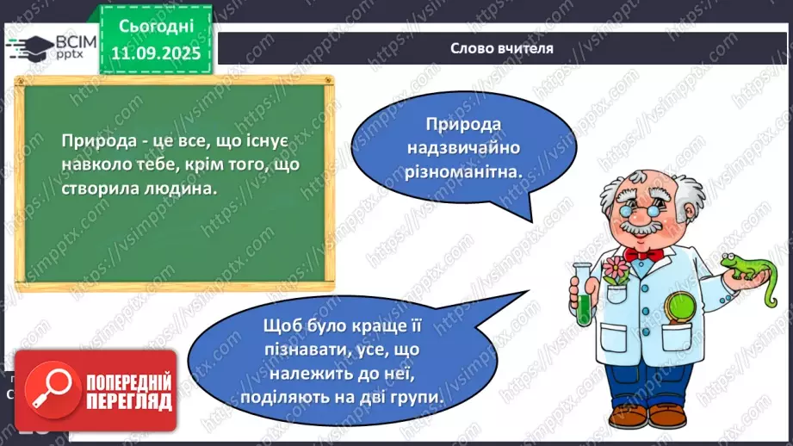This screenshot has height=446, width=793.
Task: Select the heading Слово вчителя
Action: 501,48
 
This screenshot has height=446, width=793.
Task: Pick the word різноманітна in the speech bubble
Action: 474,172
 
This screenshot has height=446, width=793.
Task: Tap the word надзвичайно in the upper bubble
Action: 474,149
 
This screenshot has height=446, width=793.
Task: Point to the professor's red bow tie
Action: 642,255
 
